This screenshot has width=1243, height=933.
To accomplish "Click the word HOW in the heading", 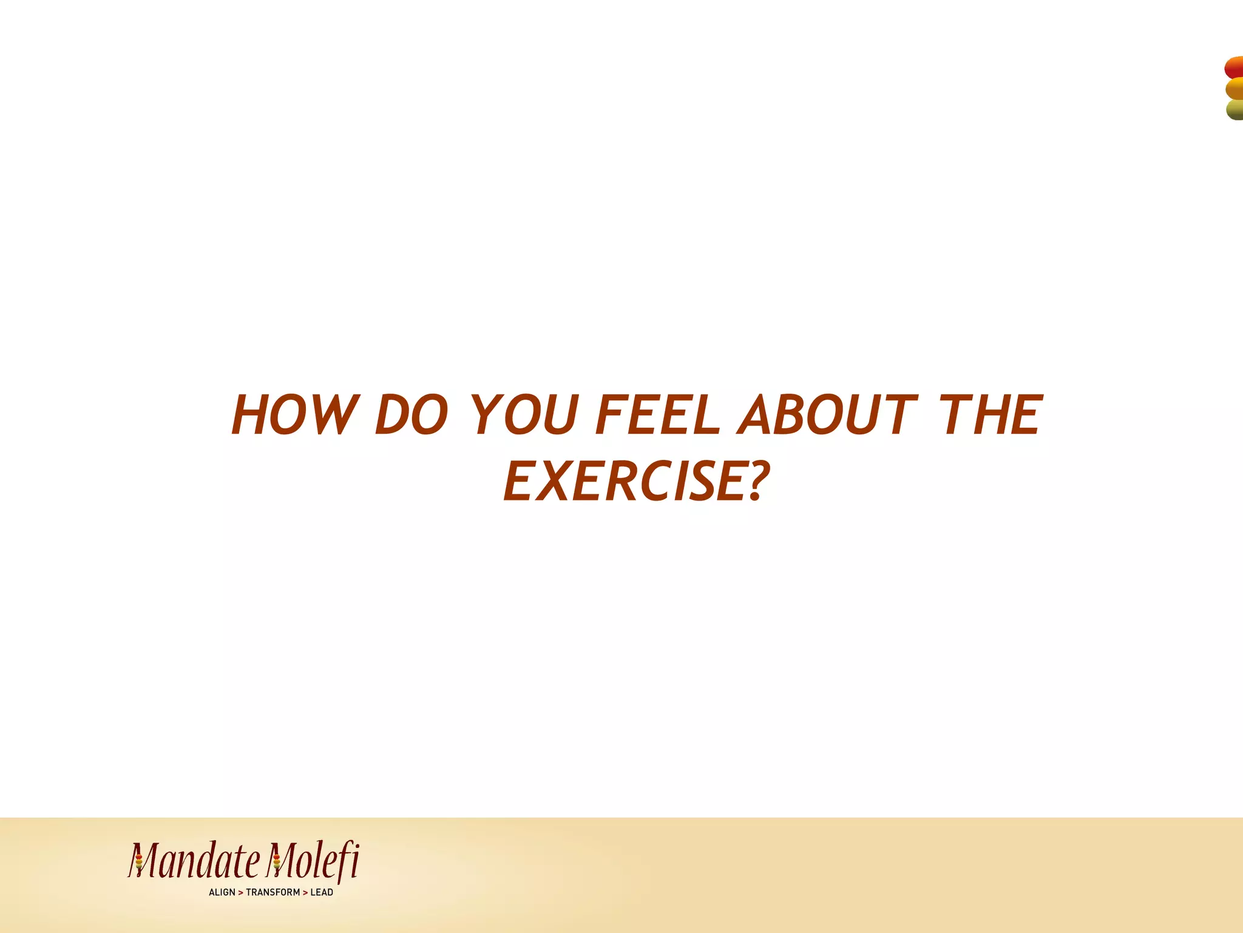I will coord(295,415).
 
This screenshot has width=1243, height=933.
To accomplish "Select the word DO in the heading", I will coord(412,415).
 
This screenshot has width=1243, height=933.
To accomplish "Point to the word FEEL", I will coord(658,415).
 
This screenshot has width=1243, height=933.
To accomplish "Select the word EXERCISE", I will coord(625,482).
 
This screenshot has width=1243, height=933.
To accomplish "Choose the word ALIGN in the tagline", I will coord(222,892).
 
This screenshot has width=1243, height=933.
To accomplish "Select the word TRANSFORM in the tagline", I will coord(273,892).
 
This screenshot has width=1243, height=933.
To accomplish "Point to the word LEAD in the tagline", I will coord(322,892).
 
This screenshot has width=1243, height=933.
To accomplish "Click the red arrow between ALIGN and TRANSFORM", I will coord(240,893).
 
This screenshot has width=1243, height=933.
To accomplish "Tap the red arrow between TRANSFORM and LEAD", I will coord(305,893).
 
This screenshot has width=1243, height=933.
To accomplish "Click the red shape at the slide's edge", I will coord(1234,67).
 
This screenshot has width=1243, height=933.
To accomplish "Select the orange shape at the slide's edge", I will coord(1235,89).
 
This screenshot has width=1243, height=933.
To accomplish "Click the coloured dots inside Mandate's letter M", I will coord(138,861).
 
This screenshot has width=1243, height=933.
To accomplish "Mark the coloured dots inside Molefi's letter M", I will coord(277,861).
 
